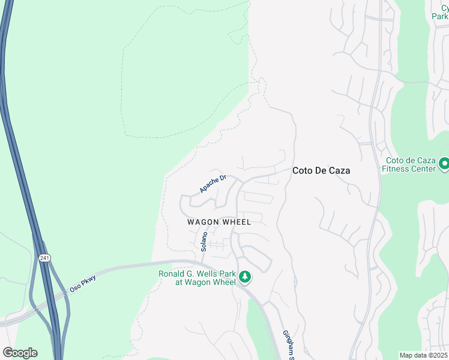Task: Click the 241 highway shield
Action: (44, 258)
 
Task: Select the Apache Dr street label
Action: (213, 184)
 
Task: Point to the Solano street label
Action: (204, 241)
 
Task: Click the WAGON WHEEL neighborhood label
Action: (218, 222)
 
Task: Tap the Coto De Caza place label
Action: (321, 170)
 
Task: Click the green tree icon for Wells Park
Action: (244, 277)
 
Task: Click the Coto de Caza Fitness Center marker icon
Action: (444, 163)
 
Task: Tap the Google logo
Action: (20, 353)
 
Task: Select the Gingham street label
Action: (288, 344)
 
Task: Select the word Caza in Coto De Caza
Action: (339, 170)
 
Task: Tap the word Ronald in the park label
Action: (172, 274)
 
